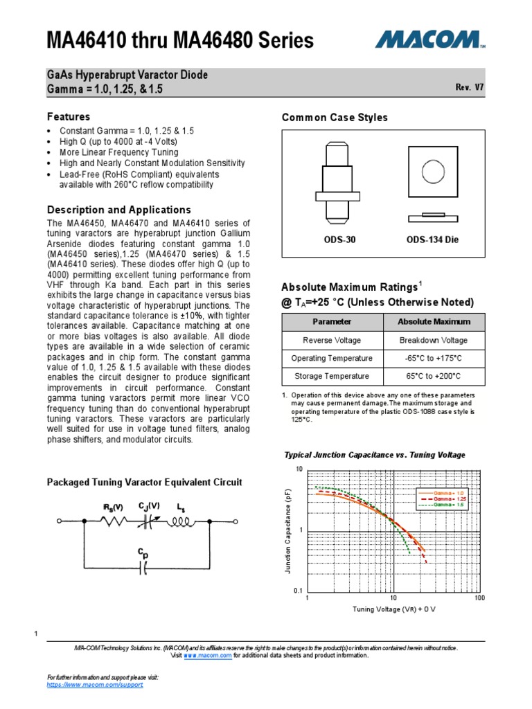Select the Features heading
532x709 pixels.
[68, 116]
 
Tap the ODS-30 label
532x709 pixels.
[339, 240]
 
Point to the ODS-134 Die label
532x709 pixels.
[432, 240]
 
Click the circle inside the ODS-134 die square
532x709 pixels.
[434, 172]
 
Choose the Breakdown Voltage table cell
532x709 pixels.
[434, 340]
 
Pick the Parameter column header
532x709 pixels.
[332, 322]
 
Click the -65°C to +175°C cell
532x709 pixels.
[434, 358]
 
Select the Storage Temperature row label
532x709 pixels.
[332, 376]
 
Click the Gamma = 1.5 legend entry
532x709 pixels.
[435, 505]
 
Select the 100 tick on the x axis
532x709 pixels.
[479, 598]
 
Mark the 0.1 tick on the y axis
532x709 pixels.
[299, 590]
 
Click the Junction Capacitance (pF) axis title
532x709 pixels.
[288, 530]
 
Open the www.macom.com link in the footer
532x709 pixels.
[208, 655]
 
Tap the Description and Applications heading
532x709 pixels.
[118, 209]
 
